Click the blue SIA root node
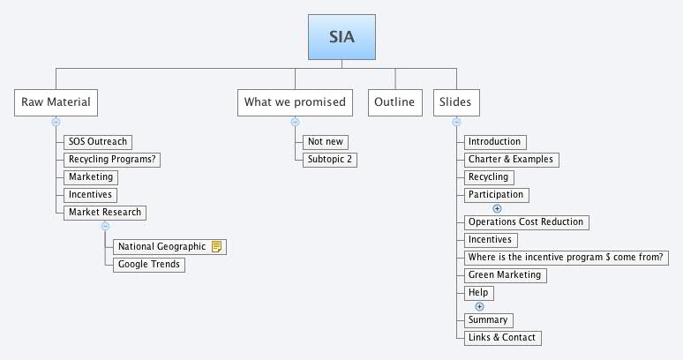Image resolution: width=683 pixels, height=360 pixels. [x=341, y=38]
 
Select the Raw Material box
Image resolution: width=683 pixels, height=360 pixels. [x=56, y=102]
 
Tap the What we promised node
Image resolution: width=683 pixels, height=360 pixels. [x=295, y=102]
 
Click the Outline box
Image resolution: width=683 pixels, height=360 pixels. [x=394, y=102]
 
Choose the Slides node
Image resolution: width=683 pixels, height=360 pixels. [x=455, y=102]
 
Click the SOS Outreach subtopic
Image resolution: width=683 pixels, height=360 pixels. [x=98, y=142]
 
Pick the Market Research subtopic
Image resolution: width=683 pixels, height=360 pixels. [x=105, y=213]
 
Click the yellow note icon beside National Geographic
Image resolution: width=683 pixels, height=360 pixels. [x=217, y=246]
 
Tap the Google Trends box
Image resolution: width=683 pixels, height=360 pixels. [x=148, y=264]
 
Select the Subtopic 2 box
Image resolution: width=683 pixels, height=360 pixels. [x=331, y=160]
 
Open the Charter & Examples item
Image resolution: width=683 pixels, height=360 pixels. [x=511, y=160]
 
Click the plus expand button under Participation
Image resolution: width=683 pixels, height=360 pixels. [x=497, y=208]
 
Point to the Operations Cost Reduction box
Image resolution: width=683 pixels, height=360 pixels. [x=526, y=221]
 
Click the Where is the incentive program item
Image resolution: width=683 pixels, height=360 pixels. [x=566, y=258]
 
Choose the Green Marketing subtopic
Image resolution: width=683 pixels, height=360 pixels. [x=505, y=275]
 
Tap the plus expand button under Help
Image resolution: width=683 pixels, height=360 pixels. [x=480, y=306]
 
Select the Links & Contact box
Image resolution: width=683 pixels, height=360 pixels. [x=501, y=337]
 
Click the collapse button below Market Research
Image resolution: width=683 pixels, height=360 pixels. [x=105, y=227]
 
